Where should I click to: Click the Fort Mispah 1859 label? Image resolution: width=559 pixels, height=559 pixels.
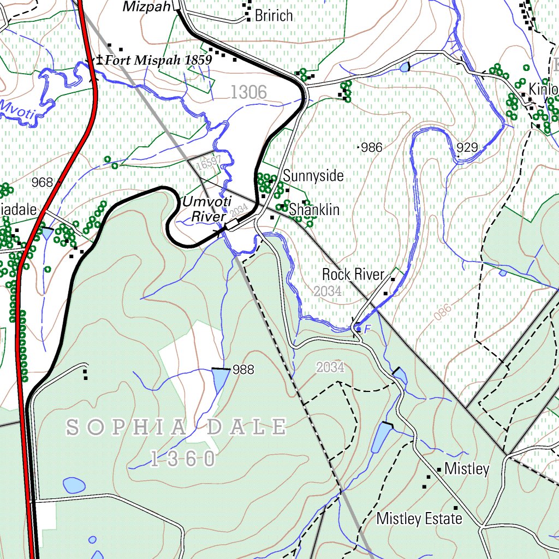[158, 60]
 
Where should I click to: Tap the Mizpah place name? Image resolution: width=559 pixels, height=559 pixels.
[146, 7]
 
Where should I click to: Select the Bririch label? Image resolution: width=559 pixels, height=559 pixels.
[274, 16]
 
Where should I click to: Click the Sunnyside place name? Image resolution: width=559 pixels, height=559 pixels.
[313, 176]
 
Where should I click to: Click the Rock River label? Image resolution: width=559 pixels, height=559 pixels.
[353, 274]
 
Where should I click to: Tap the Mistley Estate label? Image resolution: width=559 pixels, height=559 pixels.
[419, 519]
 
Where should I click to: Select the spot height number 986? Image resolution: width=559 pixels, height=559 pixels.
[372, 147]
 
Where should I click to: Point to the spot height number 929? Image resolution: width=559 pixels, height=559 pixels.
[467, 147]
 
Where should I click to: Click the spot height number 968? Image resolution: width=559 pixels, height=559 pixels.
[42, 182]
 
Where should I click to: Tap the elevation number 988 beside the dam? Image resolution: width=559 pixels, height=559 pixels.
[243, 370]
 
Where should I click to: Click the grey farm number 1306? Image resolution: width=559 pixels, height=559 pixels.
[248, 93]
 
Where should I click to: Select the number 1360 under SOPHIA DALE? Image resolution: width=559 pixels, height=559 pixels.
[183, 460]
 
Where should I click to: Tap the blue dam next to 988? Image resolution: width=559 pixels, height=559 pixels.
[221, 379]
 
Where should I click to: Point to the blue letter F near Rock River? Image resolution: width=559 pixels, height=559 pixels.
[367, 329]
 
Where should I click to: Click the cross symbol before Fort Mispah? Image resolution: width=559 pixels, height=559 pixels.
[99, 59]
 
